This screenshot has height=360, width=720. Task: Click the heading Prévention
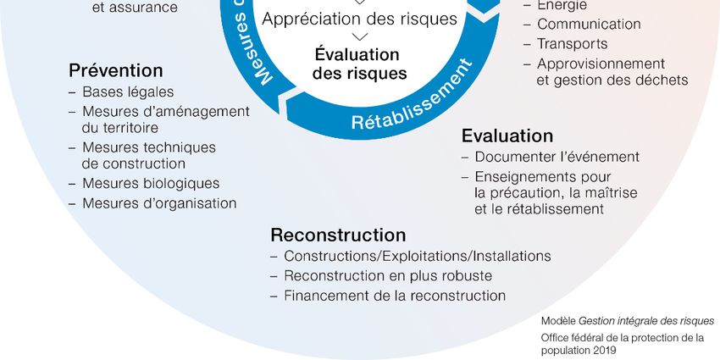pos(115,70)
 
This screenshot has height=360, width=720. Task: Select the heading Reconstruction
pos(338,235)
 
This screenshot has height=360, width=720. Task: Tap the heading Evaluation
pos(507,136)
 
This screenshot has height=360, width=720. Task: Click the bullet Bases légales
pos(128,91)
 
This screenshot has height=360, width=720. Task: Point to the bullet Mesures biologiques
pos(151,183)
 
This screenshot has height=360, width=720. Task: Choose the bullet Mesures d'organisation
pos(159,203)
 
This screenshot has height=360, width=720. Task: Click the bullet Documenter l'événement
pos(557,157)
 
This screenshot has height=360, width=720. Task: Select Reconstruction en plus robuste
pos(388,275)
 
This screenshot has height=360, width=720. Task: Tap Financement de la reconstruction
pos(395,296)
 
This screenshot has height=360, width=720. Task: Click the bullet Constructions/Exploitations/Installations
pos(418,256)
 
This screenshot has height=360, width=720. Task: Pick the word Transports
pos(572,44)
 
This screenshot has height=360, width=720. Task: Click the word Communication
pos(589,25)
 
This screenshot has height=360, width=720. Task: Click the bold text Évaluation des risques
pos(359,64)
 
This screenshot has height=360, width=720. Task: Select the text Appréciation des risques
pos(359,18)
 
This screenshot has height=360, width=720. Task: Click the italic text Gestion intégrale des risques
pos(646,322)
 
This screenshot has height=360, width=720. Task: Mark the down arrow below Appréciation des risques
pos(359,36)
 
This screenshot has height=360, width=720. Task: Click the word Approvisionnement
pos(601,64)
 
